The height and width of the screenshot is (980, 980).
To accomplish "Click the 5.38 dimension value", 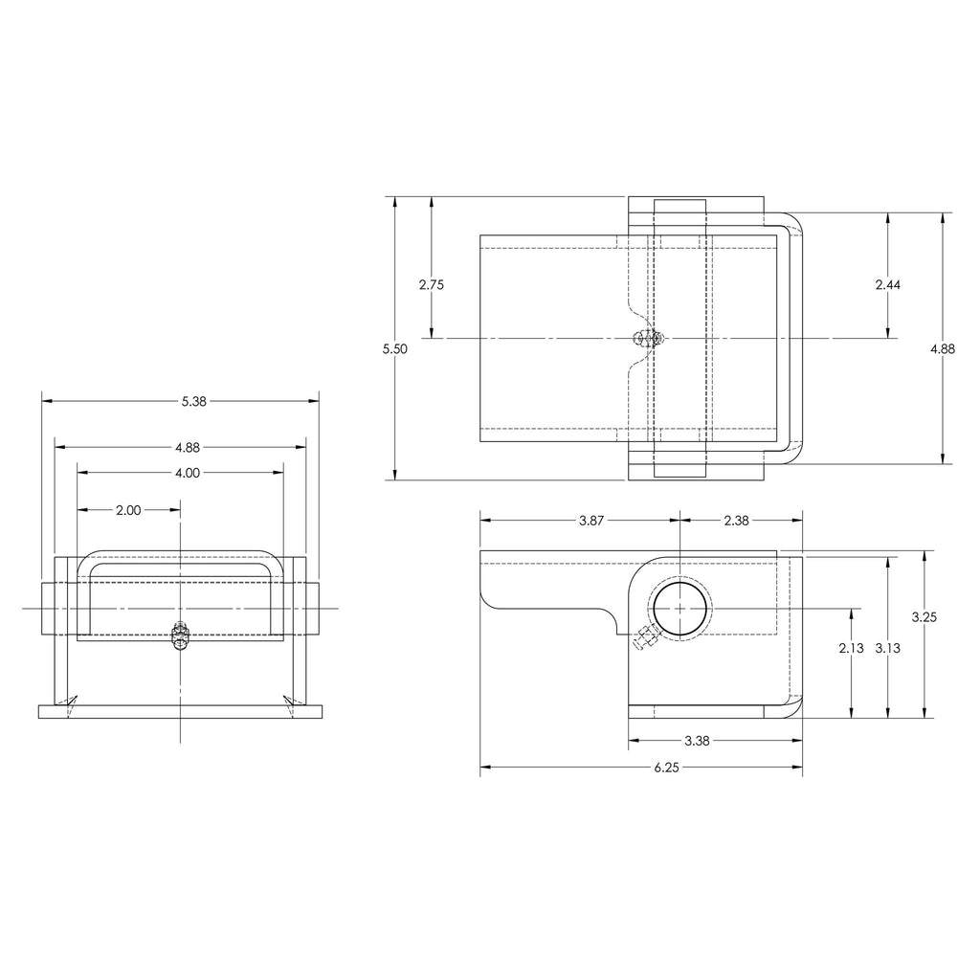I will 193,402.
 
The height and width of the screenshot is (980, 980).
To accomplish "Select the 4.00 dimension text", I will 188,472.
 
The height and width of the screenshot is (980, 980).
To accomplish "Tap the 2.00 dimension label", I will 128,510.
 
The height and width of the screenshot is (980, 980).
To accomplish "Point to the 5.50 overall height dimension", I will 395,349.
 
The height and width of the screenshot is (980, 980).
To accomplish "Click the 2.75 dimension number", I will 432,284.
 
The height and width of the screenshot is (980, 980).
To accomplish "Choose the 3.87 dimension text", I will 591,521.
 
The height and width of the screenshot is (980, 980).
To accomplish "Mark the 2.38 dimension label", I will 736,521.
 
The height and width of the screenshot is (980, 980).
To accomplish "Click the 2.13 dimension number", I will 851,648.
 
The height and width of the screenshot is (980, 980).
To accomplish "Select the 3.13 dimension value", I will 888,648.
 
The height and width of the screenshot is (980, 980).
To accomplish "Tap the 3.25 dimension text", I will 924,617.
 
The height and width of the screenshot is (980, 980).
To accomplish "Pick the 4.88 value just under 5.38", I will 188,447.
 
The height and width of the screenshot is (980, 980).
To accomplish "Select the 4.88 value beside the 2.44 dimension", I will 943,349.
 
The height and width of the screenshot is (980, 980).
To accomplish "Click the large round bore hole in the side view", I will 680,609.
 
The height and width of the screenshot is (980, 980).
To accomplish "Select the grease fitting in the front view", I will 180,635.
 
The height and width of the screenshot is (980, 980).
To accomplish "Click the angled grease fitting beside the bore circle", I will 643,639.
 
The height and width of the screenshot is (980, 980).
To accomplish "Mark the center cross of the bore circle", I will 680,609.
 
